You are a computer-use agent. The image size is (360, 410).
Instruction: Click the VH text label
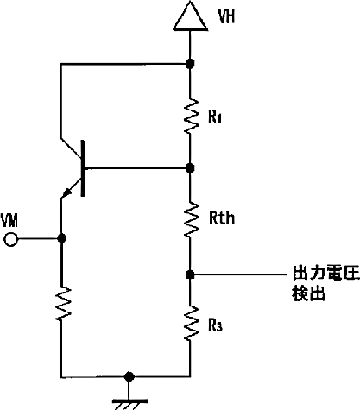[226, 16]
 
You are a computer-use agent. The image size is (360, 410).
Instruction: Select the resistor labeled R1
[191, 116]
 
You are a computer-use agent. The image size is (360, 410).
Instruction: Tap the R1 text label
[215, 117]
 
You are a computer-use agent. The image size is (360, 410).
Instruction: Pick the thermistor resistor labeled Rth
[191, 220]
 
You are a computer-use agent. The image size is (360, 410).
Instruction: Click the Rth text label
[222, 218]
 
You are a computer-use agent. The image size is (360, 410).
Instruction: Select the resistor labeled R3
[191, 324]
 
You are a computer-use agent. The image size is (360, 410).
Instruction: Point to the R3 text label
[215, 325]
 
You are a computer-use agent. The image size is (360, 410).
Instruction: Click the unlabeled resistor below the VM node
[62, 303]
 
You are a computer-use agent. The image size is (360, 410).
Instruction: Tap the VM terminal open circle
[11, 239]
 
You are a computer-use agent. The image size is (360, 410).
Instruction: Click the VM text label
[9, 221]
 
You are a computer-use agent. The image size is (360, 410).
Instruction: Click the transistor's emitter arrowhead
[67, 192]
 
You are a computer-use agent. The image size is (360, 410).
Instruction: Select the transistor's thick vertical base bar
[83, 168]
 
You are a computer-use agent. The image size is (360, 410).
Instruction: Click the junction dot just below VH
[190, 64]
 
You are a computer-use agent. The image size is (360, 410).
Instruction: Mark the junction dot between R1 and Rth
[190, 167]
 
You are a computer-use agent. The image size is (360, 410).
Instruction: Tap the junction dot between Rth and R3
[190, 274]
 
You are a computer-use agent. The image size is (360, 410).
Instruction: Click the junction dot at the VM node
[61, 238]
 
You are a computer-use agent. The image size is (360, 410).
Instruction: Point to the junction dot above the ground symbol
[129, 376]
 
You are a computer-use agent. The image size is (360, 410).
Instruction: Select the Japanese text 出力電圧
[326, 273]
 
